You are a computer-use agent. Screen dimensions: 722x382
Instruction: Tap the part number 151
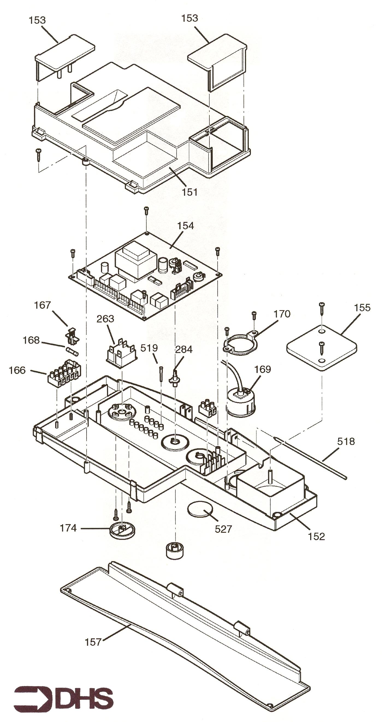[190, 192]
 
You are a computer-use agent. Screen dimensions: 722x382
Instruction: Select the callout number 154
[185, 226]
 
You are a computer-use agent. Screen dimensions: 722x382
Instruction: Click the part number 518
[346, 441]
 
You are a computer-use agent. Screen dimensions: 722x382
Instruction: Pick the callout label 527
[223, 529]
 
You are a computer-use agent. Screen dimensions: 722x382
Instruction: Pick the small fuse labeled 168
[73, 351]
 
